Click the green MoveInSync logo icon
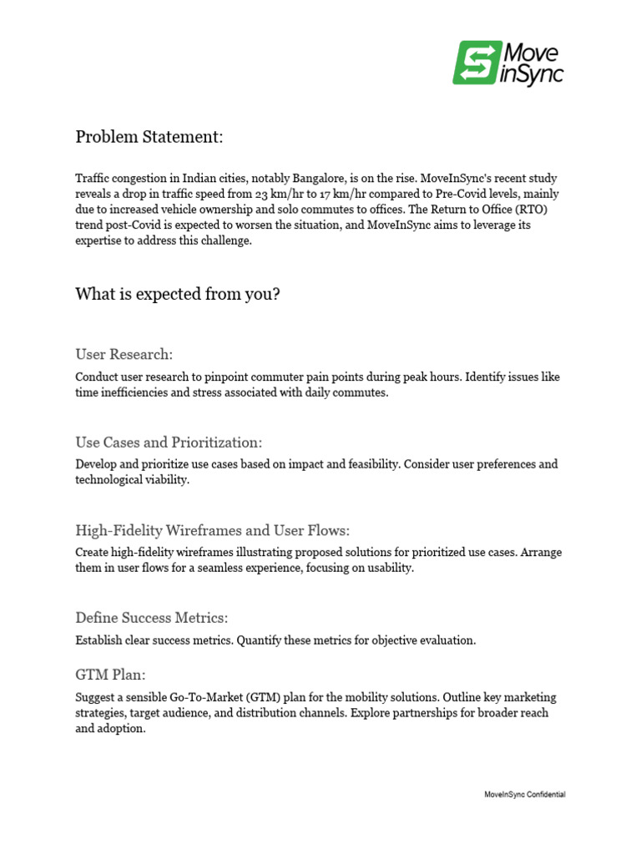point(477,63)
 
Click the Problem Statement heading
point(149,136)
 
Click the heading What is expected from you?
point(178,294)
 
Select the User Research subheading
point(124,355)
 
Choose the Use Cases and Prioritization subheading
point(169,443)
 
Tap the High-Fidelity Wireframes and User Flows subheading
point(212,530)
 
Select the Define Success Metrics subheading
point(151,618)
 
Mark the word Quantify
point(261,640)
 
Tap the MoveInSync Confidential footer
point(524,795)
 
